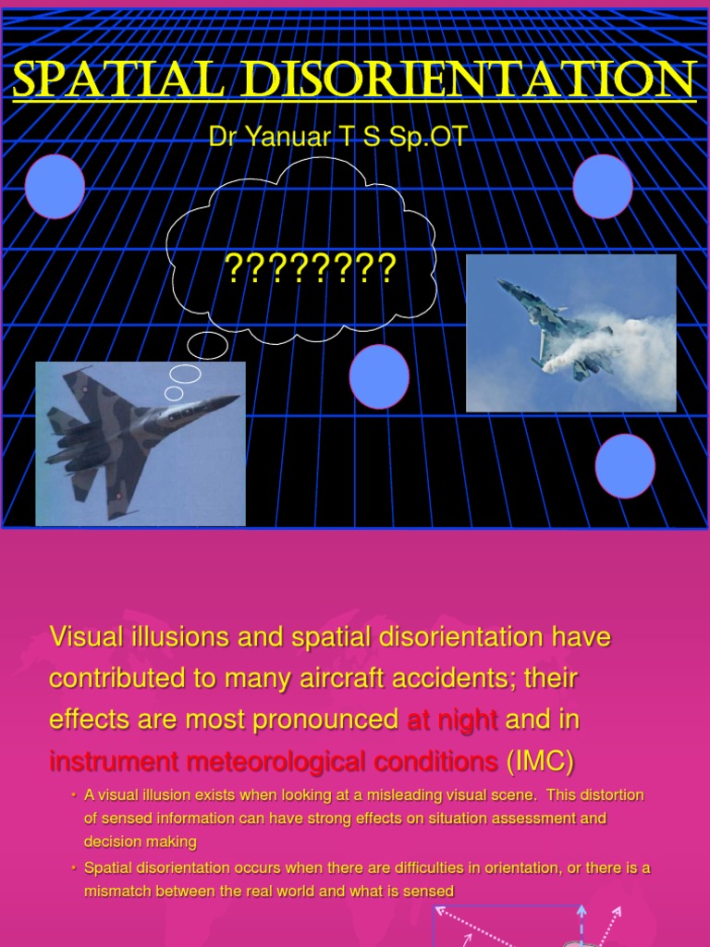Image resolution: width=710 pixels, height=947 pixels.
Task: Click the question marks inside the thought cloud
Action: pos(311,268)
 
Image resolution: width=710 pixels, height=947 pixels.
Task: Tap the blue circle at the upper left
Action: pos(55,187)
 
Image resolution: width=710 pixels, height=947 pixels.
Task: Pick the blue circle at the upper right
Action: pos(603,187)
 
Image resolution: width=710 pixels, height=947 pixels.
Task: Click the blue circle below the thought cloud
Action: pos(379,376)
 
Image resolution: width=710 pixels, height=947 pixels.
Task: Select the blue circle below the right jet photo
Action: pos(625,465)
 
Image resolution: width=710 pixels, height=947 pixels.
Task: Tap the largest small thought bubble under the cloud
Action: pos(207,346)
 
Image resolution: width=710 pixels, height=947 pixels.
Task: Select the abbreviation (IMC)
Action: pos(540,761)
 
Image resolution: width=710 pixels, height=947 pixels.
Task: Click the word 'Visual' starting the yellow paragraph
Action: pos(82,637)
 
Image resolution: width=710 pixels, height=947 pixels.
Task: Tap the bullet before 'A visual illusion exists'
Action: pos(73,795)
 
